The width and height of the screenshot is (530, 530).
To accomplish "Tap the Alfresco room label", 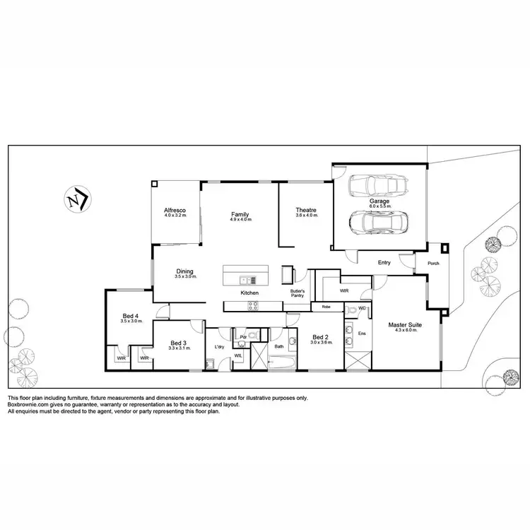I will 175,211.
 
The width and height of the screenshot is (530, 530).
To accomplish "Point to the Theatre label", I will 305,210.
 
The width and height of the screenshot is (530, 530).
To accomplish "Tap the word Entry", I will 384,262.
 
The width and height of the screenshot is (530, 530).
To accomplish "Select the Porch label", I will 433,264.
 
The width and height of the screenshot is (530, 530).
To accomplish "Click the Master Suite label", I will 406,325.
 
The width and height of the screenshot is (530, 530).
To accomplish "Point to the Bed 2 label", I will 321,336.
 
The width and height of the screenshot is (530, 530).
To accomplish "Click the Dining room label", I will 184,271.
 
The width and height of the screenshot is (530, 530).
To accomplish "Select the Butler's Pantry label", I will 298,293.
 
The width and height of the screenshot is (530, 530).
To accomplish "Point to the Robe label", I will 326,307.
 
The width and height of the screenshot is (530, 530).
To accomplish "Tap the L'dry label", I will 219,346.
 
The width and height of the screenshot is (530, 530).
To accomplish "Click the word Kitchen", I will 249,293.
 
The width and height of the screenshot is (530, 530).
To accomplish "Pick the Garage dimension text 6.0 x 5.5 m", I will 379,206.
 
